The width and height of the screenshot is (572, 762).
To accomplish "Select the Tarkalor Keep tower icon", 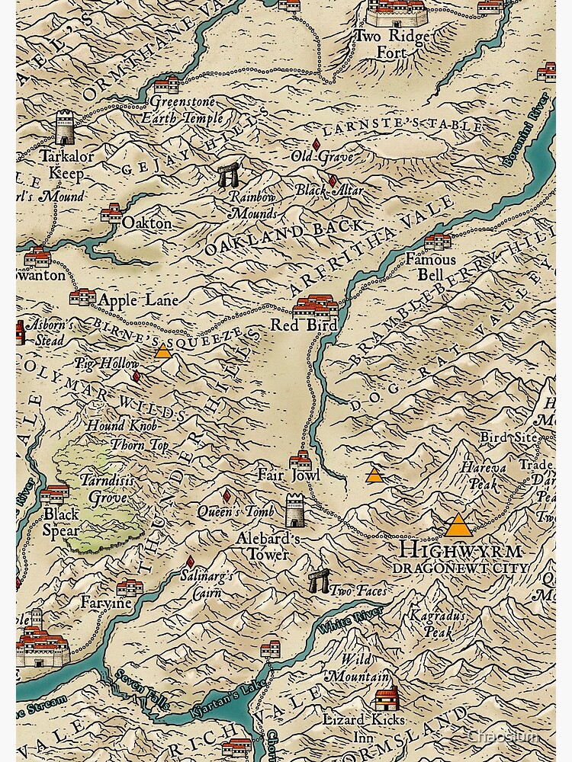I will tap(66, 126).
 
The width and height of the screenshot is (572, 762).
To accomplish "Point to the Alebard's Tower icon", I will tap(295, 510).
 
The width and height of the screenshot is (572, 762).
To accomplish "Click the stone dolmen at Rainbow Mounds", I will tap(227, 175).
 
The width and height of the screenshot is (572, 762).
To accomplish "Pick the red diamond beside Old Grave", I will tap(317, 144).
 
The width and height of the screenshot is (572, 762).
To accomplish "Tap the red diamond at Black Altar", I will tap(332, 181).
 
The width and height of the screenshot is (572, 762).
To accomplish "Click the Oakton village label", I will tap(146, 224).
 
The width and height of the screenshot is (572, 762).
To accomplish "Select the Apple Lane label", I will tap(137, 300).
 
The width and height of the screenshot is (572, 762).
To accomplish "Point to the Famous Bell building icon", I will tap(438, 242).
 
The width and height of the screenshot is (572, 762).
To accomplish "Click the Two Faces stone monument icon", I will tap(319, 581).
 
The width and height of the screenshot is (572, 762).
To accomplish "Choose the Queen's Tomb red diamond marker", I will tap(227, 496).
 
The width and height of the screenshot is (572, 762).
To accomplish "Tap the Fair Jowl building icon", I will tap(300, 459).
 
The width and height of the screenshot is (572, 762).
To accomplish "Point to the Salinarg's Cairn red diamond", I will tap(190, 562).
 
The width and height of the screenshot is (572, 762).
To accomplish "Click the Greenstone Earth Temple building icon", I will tap(166, 84).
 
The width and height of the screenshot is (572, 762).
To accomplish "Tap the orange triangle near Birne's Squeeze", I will tap(162, 351).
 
